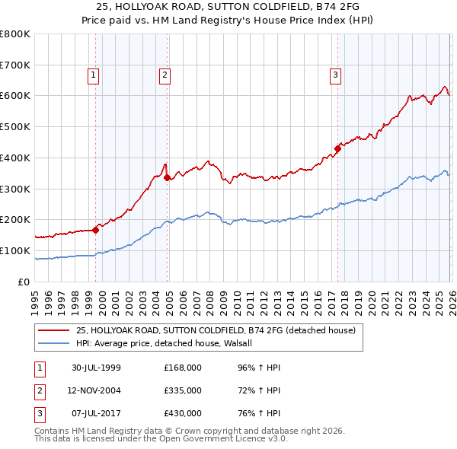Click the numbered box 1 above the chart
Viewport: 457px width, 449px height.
[93, 75]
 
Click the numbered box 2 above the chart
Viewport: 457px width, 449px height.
[165, 75]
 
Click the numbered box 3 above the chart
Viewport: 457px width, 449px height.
[334, 75]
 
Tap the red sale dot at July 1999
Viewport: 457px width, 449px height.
[96, 229]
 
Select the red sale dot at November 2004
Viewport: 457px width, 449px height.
[168, 177]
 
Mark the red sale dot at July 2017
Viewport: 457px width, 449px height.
[337, 148]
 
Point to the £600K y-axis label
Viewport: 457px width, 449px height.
[14, 96]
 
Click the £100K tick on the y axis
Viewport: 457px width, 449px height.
[14, 250]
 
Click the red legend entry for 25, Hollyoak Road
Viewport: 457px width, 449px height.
[216, 330]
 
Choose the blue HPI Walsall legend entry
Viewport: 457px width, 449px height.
[169, 343]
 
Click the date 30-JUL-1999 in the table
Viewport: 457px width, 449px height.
[95, 368]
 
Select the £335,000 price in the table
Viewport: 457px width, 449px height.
[183, 390]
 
